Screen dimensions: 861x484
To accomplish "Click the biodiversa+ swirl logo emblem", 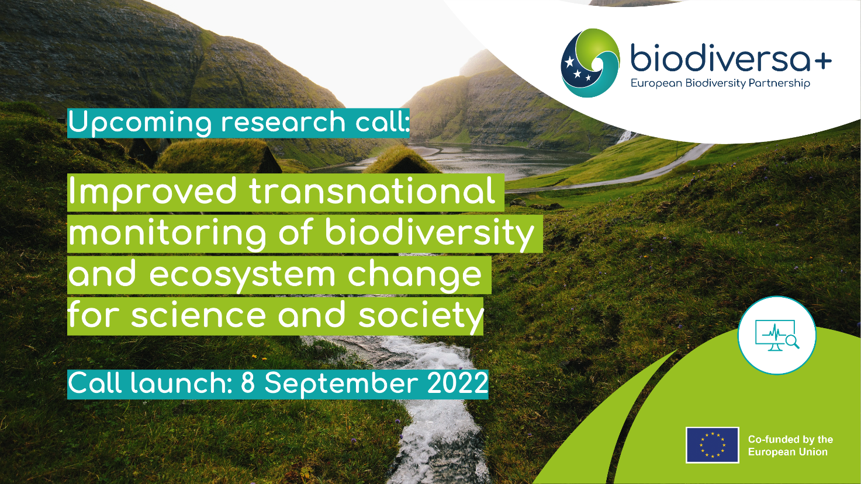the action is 590,63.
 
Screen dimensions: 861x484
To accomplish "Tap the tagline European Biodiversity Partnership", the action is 720,83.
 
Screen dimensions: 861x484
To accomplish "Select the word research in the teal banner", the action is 283,123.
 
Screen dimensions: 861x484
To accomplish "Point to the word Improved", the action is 152,192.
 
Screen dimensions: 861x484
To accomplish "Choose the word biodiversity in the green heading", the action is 430,234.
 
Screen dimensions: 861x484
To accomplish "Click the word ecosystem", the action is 242,276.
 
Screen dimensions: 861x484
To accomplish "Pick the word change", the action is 414,275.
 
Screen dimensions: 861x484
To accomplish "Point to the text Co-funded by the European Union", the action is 790,445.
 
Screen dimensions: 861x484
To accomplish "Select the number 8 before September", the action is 248,384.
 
